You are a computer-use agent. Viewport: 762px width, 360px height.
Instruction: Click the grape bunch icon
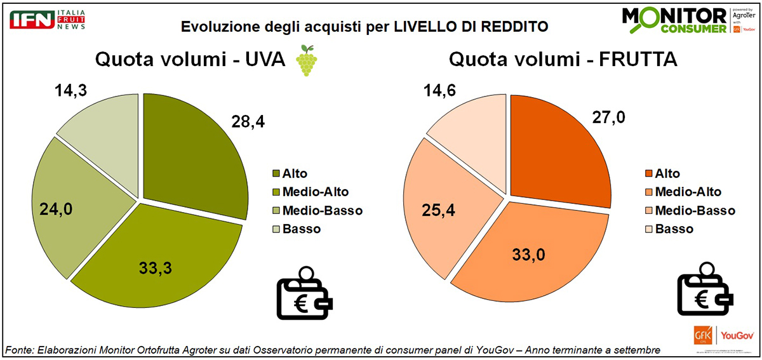[307, 61]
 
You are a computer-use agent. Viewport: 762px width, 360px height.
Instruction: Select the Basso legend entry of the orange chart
[674, 229]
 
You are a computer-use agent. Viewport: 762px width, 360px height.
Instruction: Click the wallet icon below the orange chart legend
[703, 294]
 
